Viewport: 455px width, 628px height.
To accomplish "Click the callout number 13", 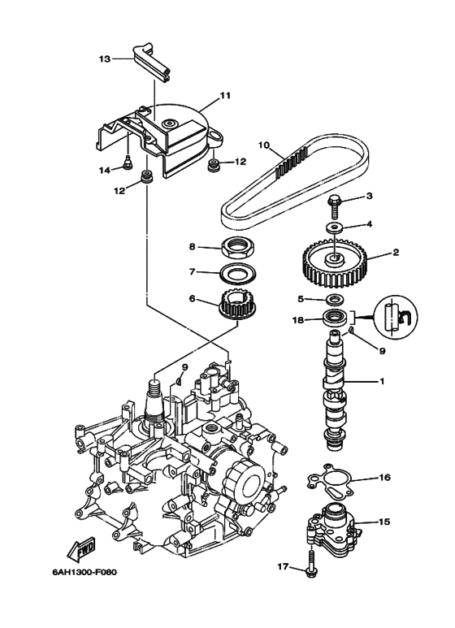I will point(104,58).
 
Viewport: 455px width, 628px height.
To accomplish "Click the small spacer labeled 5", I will point(334,300).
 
